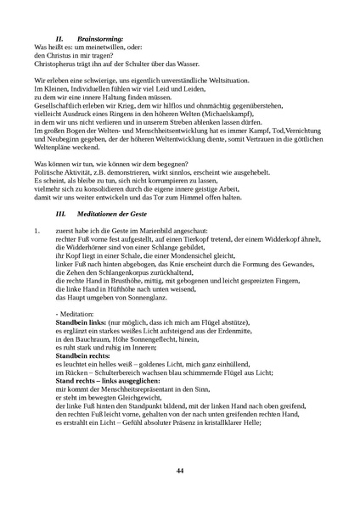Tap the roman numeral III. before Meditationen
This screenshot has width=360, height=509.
coord(59,217)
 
